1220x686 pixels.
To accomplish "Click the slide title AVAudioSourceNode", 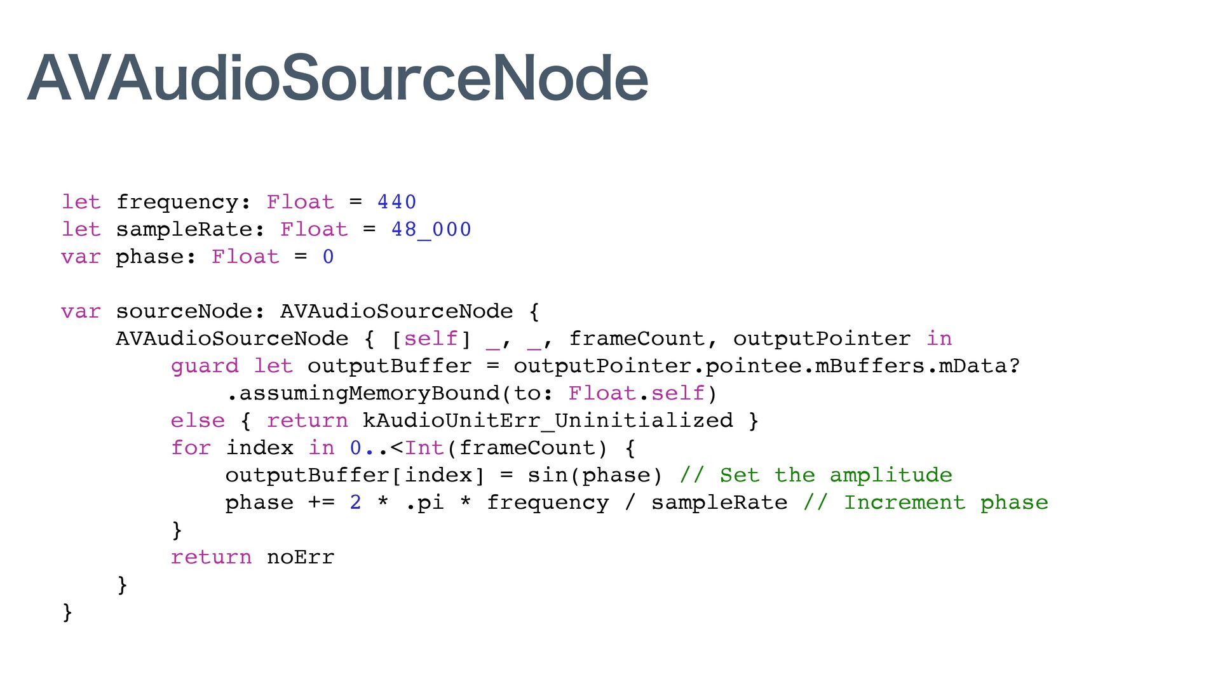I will pyautogui.click(x=337, y=77).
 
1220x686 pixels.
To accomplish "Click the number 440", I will pyautogui.click(x=396, y=202).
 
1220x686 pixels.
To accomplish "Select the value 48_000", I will pyautogui.click(x=431, y=229).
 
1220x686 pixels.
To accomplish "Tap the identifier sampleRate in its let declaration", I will pyautogui.click(x=184, y=229).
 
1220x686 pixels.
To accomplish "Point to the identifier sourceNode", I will pyautogui.click(x=183, y=311).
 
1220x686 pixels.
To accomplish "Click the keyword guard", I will pyautogui.click(x=205, y=366).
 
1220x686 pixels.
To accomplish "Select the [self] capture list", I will pyautogui.click(x=431, y=339).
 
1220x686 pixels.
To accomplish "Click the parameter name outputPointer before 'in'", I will pyautogui.click(x=822, y=339).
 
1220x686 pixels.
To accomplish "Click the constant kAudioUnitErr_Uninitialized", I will pyautogui.click(x=547, y=420).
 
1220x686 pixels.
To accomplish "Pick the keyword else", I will pyautogui.click(x=198, y=420).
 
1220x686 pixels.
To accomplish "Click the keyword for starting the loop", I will pyautogui.click(x=191, y=448).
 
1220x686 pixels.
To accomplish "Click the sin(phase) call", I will pyautogui.click(x=595, y=475).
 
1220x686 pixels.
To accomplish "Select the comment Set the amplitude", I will pyautogui.click(x=816, y=475).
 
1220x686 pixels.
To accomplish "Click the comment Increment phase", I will pyautogui.click(x=925, y=502).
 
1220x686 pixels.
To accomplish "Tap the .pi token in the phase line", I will pyautogui.click(x=424, y=502).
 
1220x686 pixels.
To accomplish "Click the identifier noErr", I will pyautogui.click(x=301, y=557).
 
